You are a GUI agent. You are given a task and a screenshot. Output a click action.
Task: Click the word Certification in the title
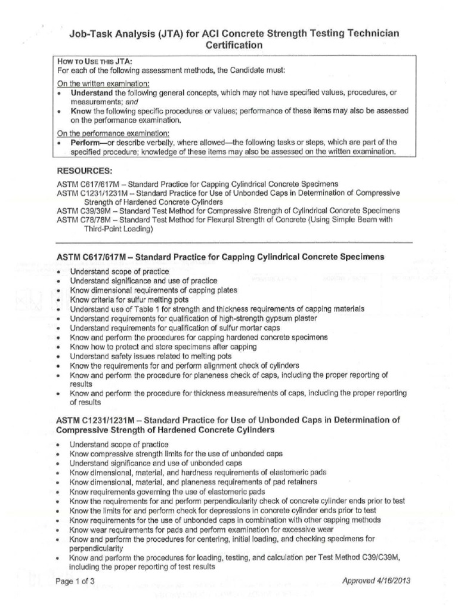234,45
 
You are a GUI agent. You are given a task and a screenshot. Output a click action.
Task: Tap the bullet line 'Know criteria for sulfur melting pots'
129,300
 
